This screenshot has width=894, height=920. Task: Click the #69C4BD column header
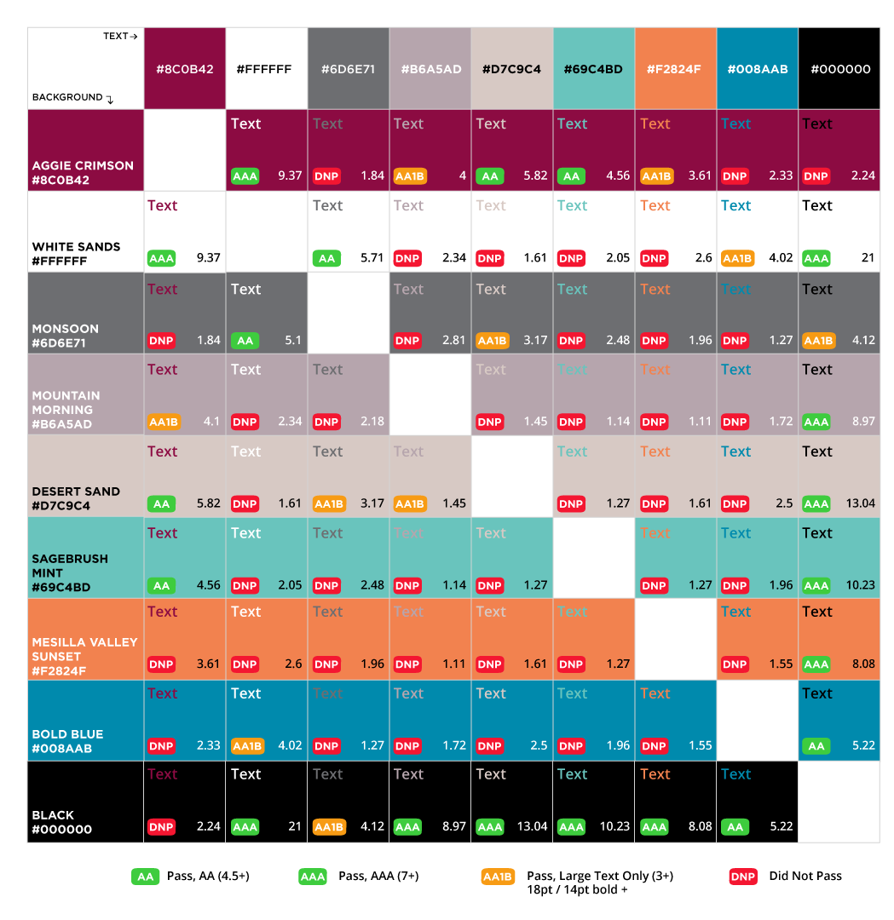click(x=593, y=69)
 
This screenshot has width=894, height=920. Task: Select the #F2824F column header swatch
click(x=675, y=69)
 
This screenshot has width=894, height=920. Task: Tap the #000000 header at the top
click(x=839, y=69)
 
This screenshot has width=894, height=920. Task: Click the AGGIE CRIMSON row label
click(x=83, y=173)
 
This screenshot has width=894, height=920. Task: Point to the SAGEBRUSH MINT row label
click(x=70, y=572)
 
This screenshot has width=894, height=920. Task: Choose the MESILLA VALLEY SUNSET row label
click(x=84, y=656)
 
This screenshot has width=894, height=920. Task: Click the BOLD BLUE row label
click(x=67, y=741)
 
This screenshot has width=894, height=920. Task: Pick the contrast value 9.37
click(x=290, y=176)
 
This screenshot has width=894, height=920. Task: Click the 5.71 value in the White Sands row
click(x=372, y=258)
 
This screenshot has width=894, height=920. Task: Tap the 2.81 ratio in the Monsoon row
click(x=453, y=341)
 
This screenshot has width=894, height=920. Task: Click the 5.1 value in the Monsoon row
click(x=292, y=341)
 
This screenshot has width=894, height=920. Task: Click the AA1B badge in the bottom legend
click(x=498, y=877)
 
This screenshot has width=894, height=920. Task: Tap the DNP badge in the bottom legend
click(x=743, y=877)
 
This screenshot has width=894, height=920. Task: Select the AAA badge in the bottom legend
click(x=313, y=877)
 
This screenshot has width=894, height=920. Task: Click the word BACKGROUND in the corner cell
click(x=67, y=97)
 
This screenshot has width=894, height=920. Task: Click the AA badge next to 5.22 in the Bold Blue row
click(x=816, y=746)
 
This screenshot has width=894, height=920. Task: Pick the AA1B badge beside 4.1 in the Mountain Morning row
click(x=164, y=422)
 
